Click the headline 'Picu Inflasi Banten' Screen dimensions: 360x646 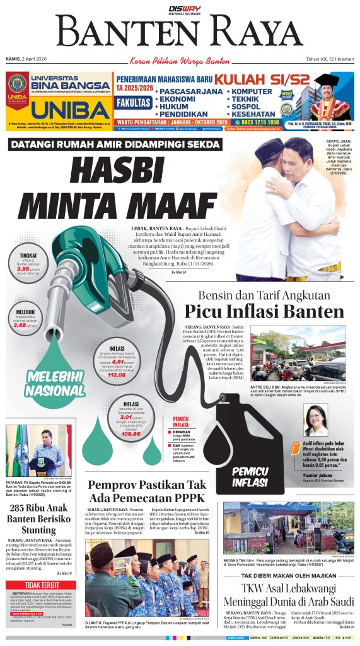[x=264, y=312]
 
